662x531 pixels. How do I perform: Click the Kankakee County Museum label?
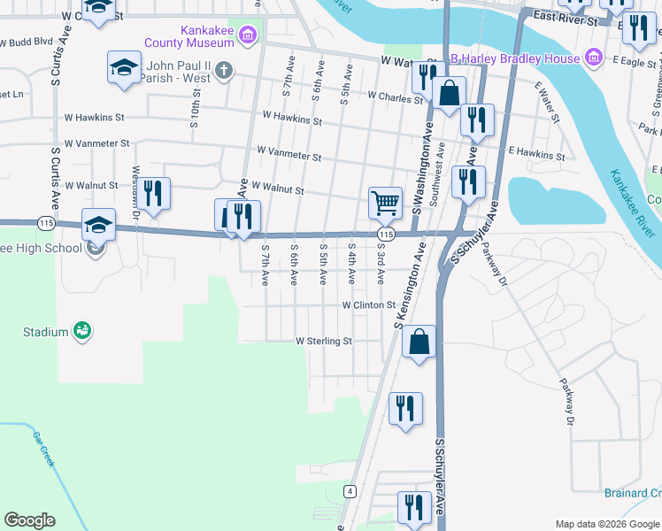[207, 35]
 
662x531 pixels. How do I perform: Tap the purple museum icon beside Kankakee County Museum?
[250, 35]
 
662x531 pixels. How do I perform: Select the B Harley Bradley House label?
[514, 58]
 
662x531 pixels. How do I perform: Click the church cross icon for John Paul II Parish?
[225, 69]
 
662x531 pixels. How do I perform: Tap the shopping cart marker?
[385, 202]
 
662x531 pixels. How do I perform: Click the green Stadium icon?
[82, 331]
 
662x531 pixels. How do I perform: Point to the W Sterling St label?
[324, 341]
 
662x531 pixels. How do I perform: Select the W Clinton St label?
[368, 304]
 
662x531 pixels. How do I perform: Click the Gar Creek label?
[43, 450]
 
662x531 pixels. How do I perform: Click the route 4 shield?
[351, 490]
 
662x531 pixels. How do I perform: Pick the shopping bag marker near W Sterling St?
[420, 341]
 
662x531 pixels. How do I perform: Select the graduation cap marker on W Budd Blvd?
[124, 67]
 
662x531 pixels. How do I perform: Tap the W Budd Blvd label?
[27, 42]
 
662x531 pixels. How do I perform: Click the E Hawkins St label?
[535, 157]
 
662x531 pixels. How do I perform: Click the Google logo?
[29, 520]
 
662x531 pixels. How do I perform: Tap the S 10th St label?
[194, 112]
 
